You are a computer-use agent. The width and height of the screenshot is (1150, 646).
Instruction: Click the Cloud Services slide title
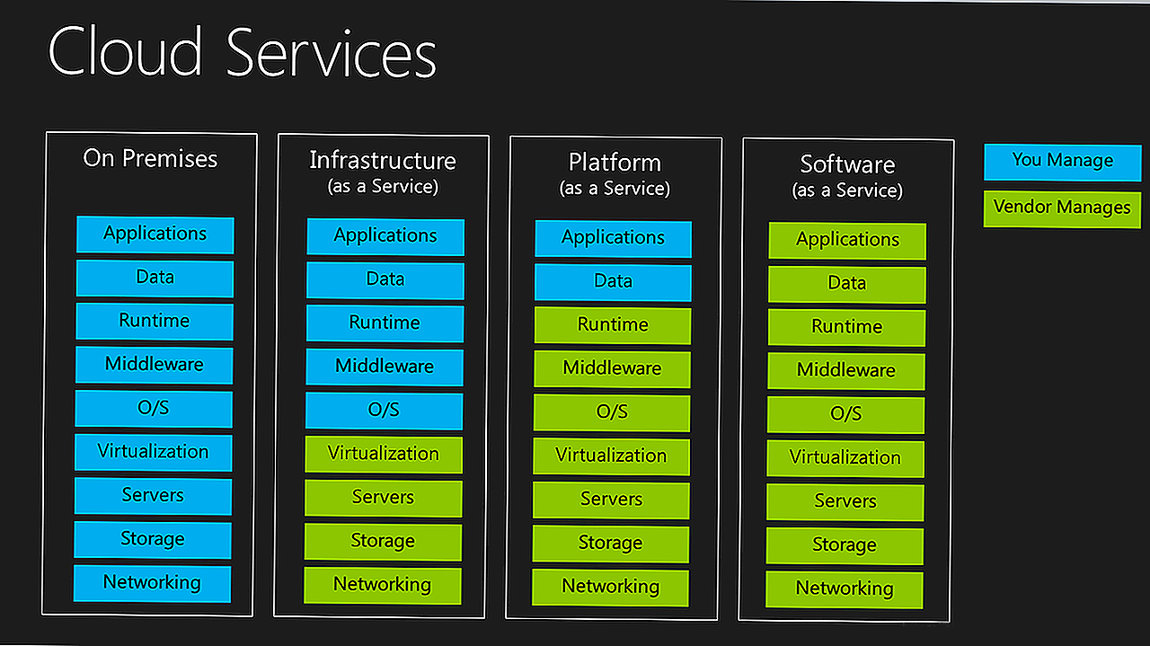[242, 53]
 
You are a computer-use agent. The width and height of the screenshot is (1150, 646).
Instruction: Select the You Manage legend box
[1062, 162]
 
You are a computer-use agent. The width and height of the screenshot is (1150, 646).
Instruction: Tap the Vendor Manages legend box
[1062, 208]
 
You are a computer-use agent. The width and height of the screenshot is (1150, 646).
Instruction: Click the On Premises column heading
[150, 159]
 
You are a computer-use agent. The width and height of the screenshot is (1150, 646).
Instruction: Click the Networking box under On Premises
[152, 583]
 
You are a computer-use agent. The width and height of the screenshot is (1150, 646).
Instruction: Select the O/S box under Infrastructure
[384, 411]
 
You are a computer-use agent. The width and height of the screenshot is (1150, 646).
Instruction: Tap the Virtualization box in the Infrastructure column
[383, 454]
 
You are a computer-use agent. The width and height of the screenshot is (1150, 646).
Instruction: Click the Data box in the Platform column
[613, 282]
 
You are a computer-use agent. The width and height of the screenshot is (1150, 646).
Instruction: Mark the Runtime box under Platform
[613, 325]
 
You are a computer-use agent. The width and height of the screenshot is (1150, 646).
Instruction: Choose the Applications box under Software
[847, 241]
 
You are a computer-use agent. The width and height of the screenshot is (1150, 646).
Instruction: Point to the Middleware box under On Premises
[154, 365]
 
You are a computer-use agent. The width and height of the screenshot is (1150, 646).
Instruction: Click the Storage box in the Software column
[845, 545]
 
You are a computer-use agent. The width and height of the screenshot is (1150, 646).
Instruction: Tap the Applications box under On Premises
[155, 235]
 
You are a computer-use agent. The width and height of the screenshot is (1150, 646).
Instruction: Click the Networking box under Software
[844, 589]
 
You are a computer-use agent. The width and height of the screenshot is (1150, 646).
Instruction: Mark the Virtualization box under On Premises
[153, 452]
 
